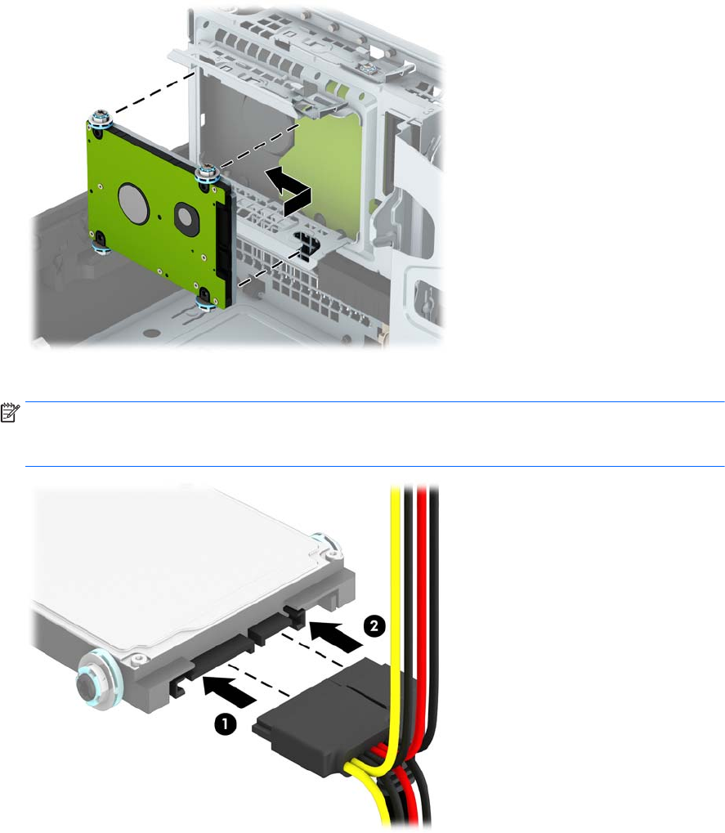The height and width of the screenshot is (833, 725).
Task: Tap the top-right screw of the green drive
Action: (x=205, y=173)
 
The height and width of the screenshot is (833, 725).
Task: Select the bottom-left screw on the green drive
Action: (x=99, y=243)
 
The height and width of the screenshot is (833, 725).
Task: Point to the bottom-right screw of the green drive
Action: (x=204, y=301)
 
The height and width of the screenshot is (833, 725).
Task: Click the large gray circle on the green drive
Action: (x=133, y=203)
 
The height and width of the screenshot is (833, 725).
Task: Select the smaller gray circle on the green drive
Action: (x=186, y=216)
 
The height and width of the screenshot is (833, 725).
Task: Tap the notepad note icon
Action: (x=10, y=413)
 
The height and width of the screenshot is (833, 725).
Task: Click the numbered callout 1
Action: (x=225, y=724)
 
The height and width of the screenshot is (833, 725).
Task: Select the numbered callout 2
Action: (x=374, y=625)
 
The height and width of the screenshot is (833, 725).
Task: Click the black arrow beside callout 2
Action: (x=336, y=636)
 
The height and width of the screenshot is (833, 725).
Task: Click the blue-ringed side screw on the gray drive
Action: (x=93, y=680)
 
